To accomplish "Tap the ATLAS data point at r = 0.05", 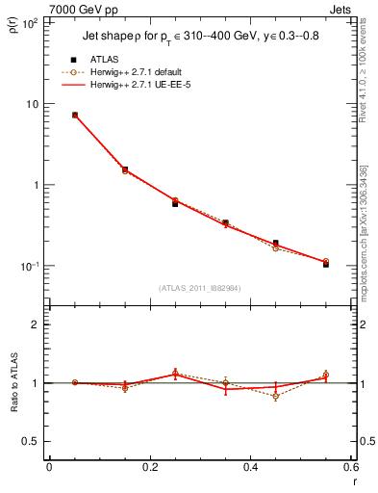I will click(x=74, y=115).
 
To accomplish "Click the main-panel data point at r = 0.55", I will click(x=326, y=263).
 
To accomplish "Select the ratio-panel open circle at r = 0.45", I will click(x=275, y=396).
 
